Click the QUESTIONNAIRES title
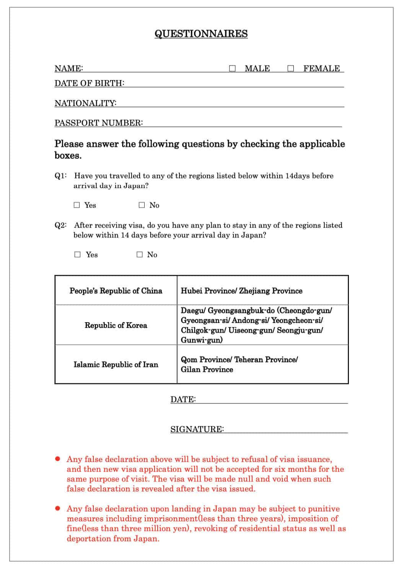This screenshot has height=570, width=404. tap(201, 34)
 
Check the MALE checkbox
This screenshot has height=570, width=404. tap(232, 69)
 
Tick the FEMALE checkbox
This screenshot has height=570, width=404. tap(291, 69)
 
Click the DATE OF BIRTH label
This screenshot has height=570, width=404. tap(89, 83)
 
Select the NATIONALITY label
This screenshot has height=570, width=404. tap(85, 103)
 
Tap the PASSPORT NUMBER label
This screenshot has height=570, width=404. tap(98, 123)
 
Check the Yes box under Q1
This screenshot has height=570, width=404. tap(77, 205)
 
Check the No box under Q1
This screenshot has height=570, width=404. tap(142, 205)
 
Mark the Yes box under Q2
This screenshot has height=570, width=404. tap(78, 255)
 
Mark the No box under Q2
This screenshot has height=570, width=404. tap(140, 255)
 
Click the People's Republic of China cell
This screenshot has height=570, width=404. tap(116, 291)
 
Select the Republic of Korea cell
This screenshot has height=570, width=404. tap(116, 325)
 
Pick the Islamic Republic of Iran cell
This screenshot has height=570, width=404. tap(116, 365)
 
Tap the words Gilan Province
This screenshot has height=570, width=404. tap(207, 370)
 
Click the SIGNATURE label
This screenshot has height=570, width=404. tap(197, 429)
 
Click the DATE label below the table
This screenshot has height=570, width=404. tap(183, 400)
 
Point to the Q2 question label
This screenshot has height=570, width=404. tap(60, 225)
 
